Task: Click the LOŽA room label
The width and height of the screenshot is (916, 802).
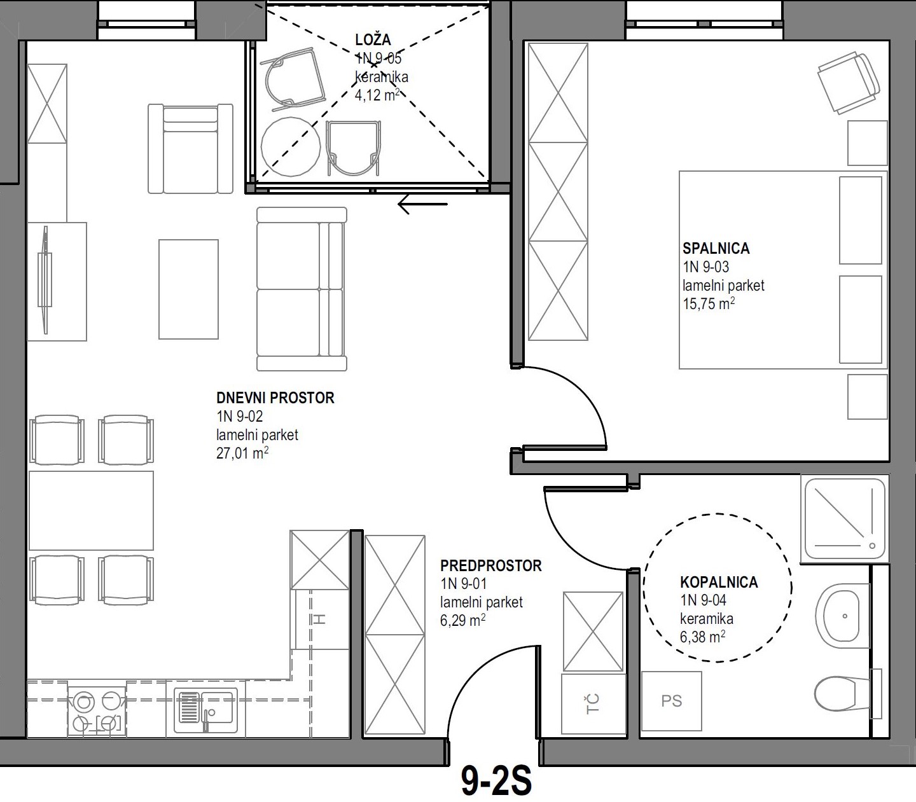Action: [x=373, y=40]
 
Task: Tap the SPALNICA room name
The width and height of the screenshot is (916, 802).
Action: [x=716, y=249]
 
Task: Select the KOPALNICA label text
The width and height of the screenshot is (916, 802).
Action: [x=719, y=582]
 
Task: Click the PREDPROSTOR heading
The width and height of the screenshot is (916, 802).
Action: [x=490, y=565]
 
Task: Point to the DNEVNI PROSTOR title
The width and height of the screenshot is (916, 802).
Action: [x=275, y=398]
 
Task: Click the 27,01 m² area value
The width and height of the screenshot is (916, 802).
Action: [x=242, y=453]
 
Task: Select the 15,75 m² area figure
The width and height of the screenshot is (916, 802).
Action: [x=709, y=304]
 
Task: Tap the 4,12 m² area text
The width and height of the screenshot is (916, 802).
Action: [x=377, y=95]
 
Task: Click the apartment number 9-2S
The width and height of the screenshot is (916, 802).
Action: [x=496, y=781]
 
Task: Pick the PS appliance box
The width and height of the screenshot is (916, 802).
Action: [x=672, y=701]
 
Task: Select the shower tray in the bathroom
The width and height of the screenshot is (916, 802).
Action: [x=845, y=519]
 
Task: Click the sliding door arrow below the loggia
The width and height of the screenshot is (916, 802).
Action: [x=422, y=205]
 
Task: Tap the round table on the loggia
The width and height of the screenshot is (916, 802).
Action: [x=291, y=146]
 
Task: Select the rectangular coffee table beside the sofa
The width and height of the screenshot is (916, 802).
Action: [x=188, y=289]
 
